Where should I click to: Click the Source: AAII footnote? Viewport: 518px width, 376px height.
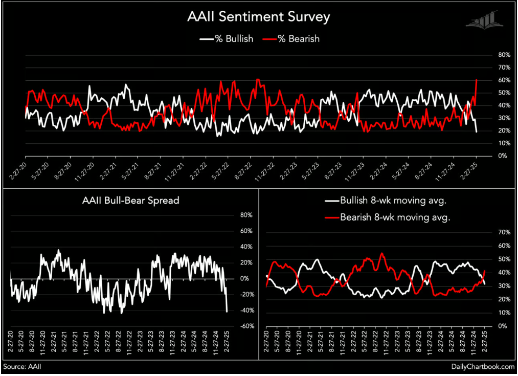pyautogui.click(x=22, y=367)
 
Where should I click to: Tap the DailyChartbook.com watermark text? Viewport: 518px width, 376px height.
pyautogui.click(x=482, y=367)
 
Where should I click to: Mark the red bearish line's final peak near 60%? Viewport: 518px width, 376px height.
pyautogui.click(x=477, y=80)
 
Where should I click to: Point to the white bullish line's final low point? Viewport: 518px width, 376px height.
pyautogui.click(x=477, y=132)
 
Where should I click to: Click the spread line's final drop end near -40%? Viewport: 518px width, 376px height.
pyautogui.click(x=227, y=311)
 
